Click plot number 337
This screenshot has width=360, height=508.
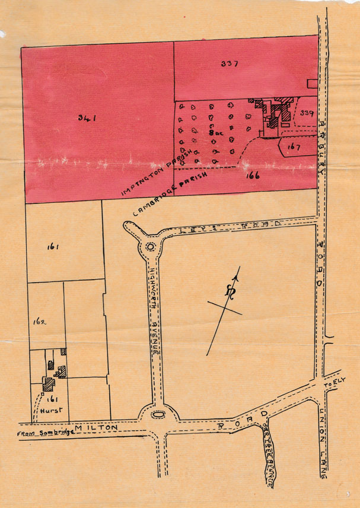click(x=229, y=64)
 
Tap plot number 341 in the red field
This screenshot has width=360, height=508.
click(x=87, y=118)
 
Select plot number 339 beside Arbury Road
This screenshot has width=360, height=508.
click(x=307, y=112)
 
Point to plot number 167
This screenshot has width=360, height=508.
click(x=294, y=147)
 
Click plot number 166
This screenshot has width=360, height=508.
click(x=252, y=176)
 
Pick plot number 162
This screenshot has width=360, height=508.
click(x=40, y=322)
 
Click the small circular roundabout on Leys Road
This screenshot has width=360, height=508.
click(x=150, y=247)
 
